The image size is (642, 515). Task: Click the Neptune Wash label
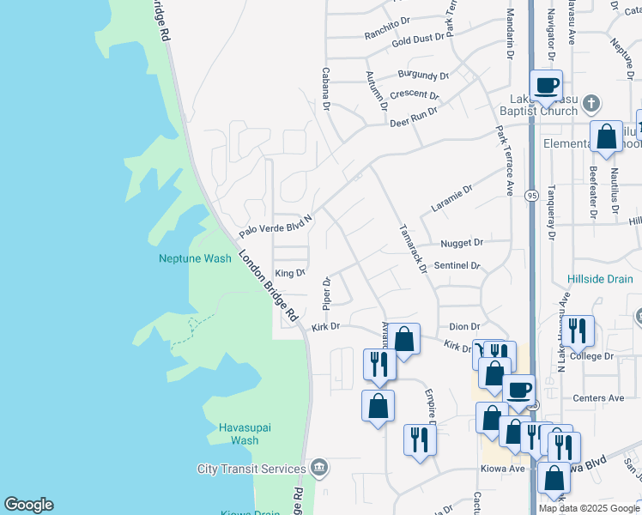195,258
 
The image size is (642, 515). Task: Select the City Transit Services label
251,469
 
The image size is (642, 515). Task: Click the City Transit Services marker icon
319,468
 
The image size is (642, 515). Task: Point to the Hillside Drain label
600,279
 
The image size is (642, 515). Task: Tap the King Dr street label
289,273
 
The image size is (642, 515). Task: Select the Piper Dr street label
326,294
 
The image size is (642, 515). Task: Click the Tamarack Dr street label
412,249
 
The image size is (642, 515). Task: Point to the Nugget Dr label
462,244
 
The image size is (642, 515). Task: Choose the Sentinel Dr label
457,266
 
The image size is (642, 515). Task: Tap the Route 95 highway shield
532,196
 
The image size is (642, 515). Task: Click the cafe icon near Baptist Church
546,85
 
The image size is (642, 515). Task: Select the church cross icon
590,104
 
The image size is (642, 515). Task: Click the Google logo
28,505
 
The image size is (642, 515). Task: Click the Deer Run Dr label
414,117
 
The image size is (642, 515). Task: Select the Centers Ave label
598,398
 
